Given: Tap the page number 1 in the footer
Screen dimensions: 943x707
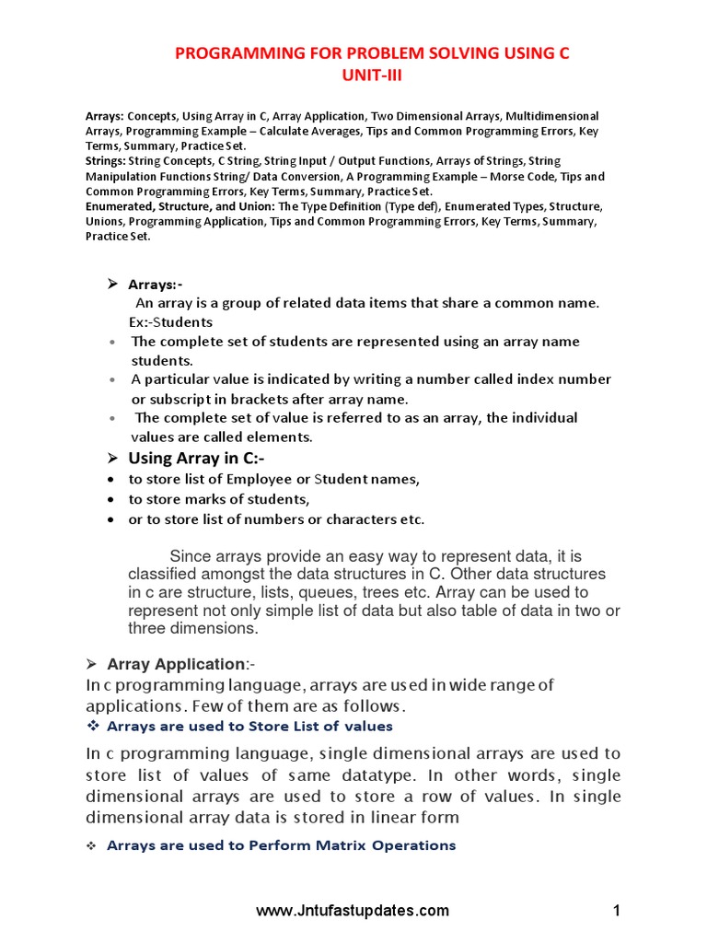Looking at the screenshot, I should [x=617, y=911].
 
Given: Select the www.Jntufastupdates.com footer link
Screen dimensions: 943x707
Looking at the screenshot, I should [x=353, y=911].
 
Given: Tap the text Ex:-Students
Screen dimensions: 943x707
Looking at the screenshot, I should [x=170, y=322].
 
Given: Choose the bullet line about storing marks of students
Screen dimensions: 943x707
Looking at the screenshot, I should [x=219, y=499].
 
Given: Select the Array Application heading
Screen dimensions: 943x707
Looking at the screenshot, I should [x=176, y=664].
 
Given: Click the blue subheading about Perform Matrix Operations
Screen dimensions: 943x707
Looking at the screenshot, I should [x=281, y=844].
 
